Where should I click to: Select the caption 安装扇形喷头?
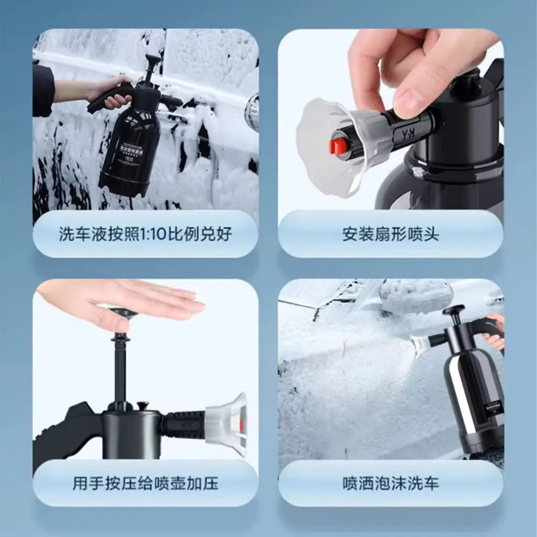point(390,235)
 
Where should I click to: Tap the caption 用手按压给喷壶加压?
point(146,483)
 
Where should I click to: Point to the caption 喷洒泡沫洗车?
point(390,483)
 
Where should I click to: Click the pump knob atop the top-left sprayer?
point(153,60)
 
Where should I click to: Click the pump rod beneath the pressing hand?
point(120,365)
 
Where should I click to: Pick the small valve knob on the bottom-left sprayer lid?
point(142,406)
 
